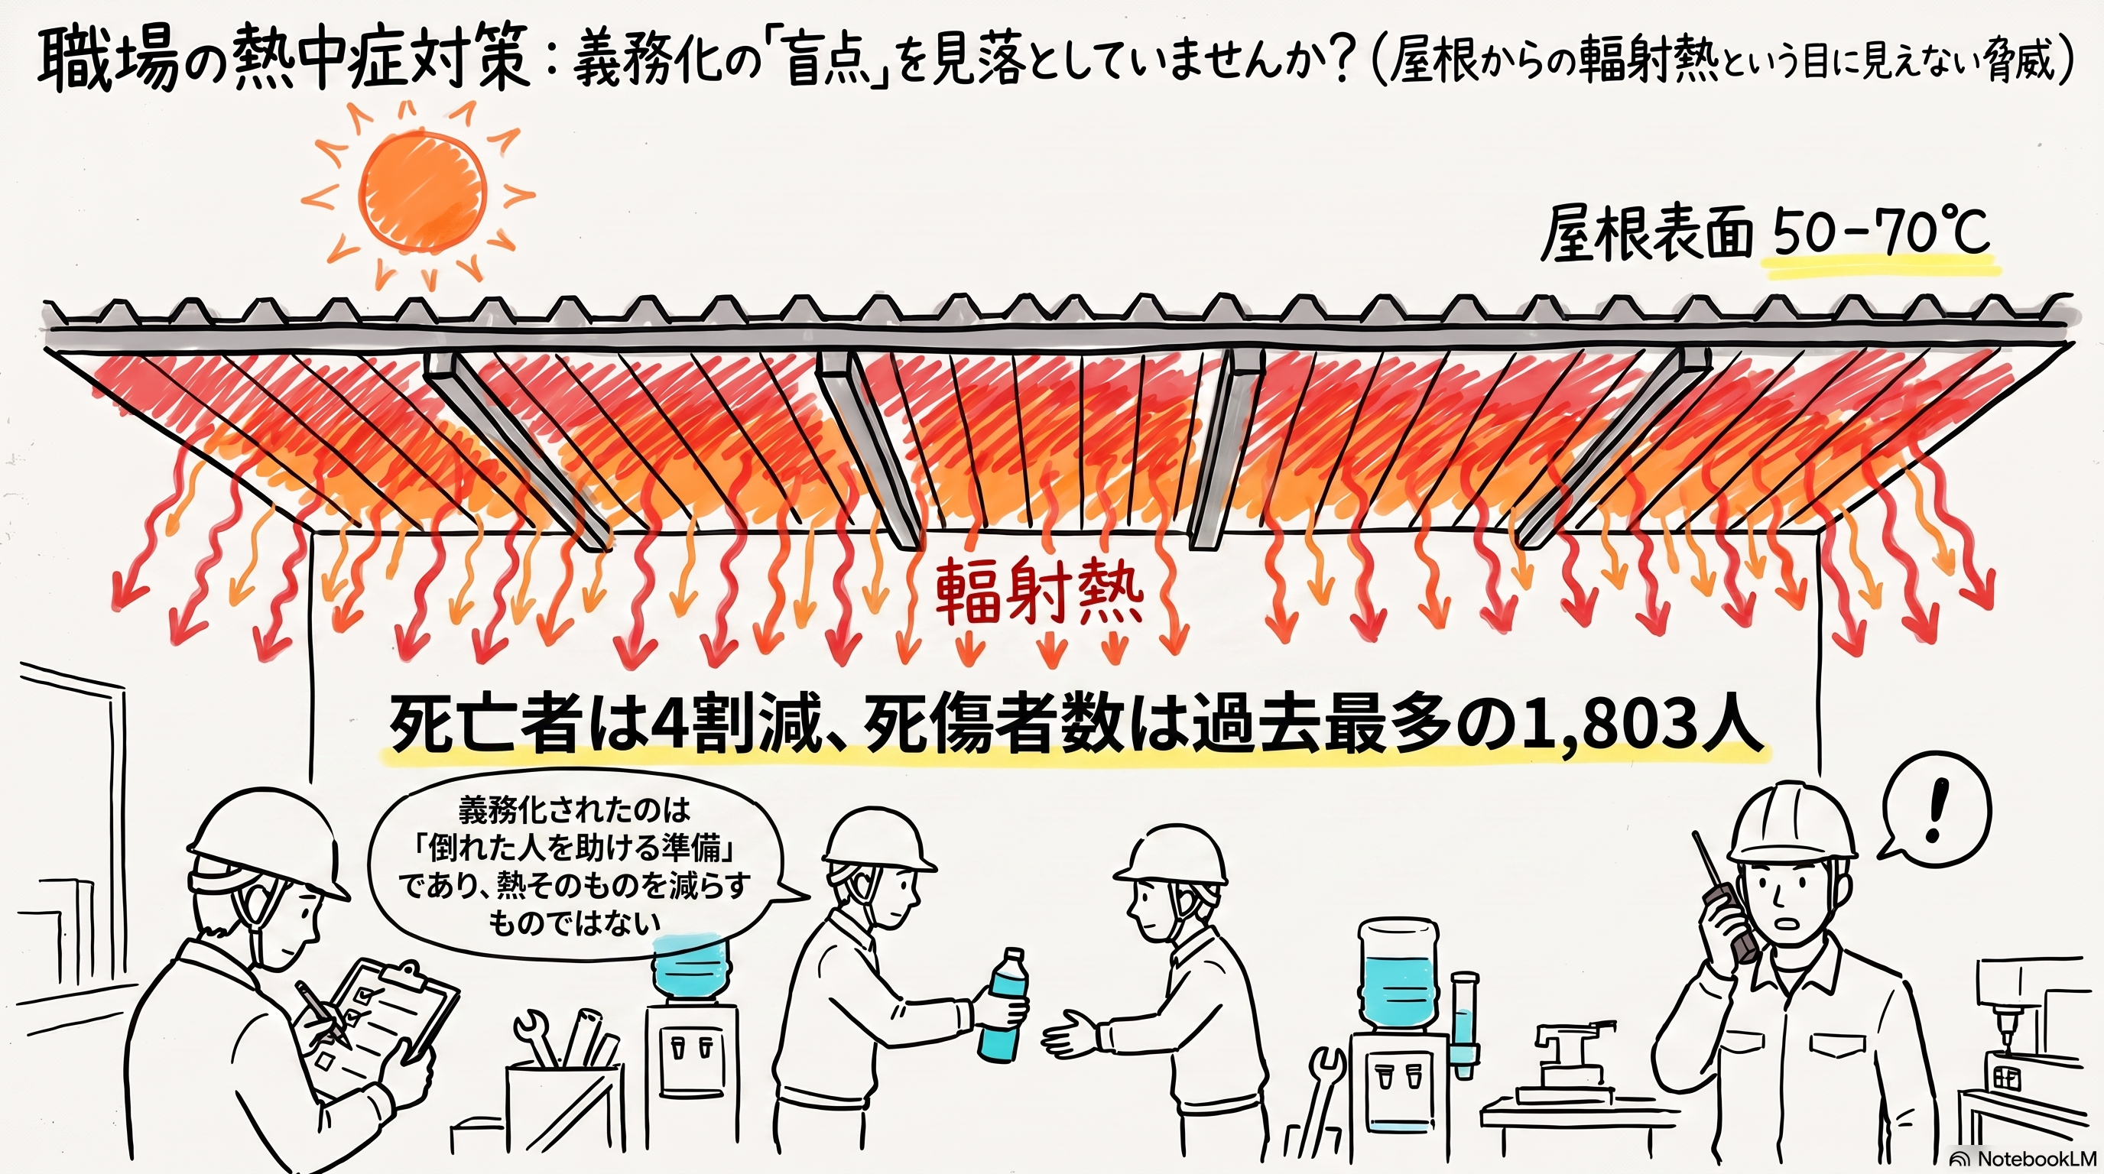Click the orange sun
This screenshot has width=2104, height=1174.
coord(423,193)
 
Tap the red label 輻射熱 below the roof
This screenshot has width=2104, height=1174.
coord(1038,591)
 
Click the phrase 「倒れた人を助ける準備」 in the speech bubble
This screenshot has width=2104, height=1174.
coord(575,851)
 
